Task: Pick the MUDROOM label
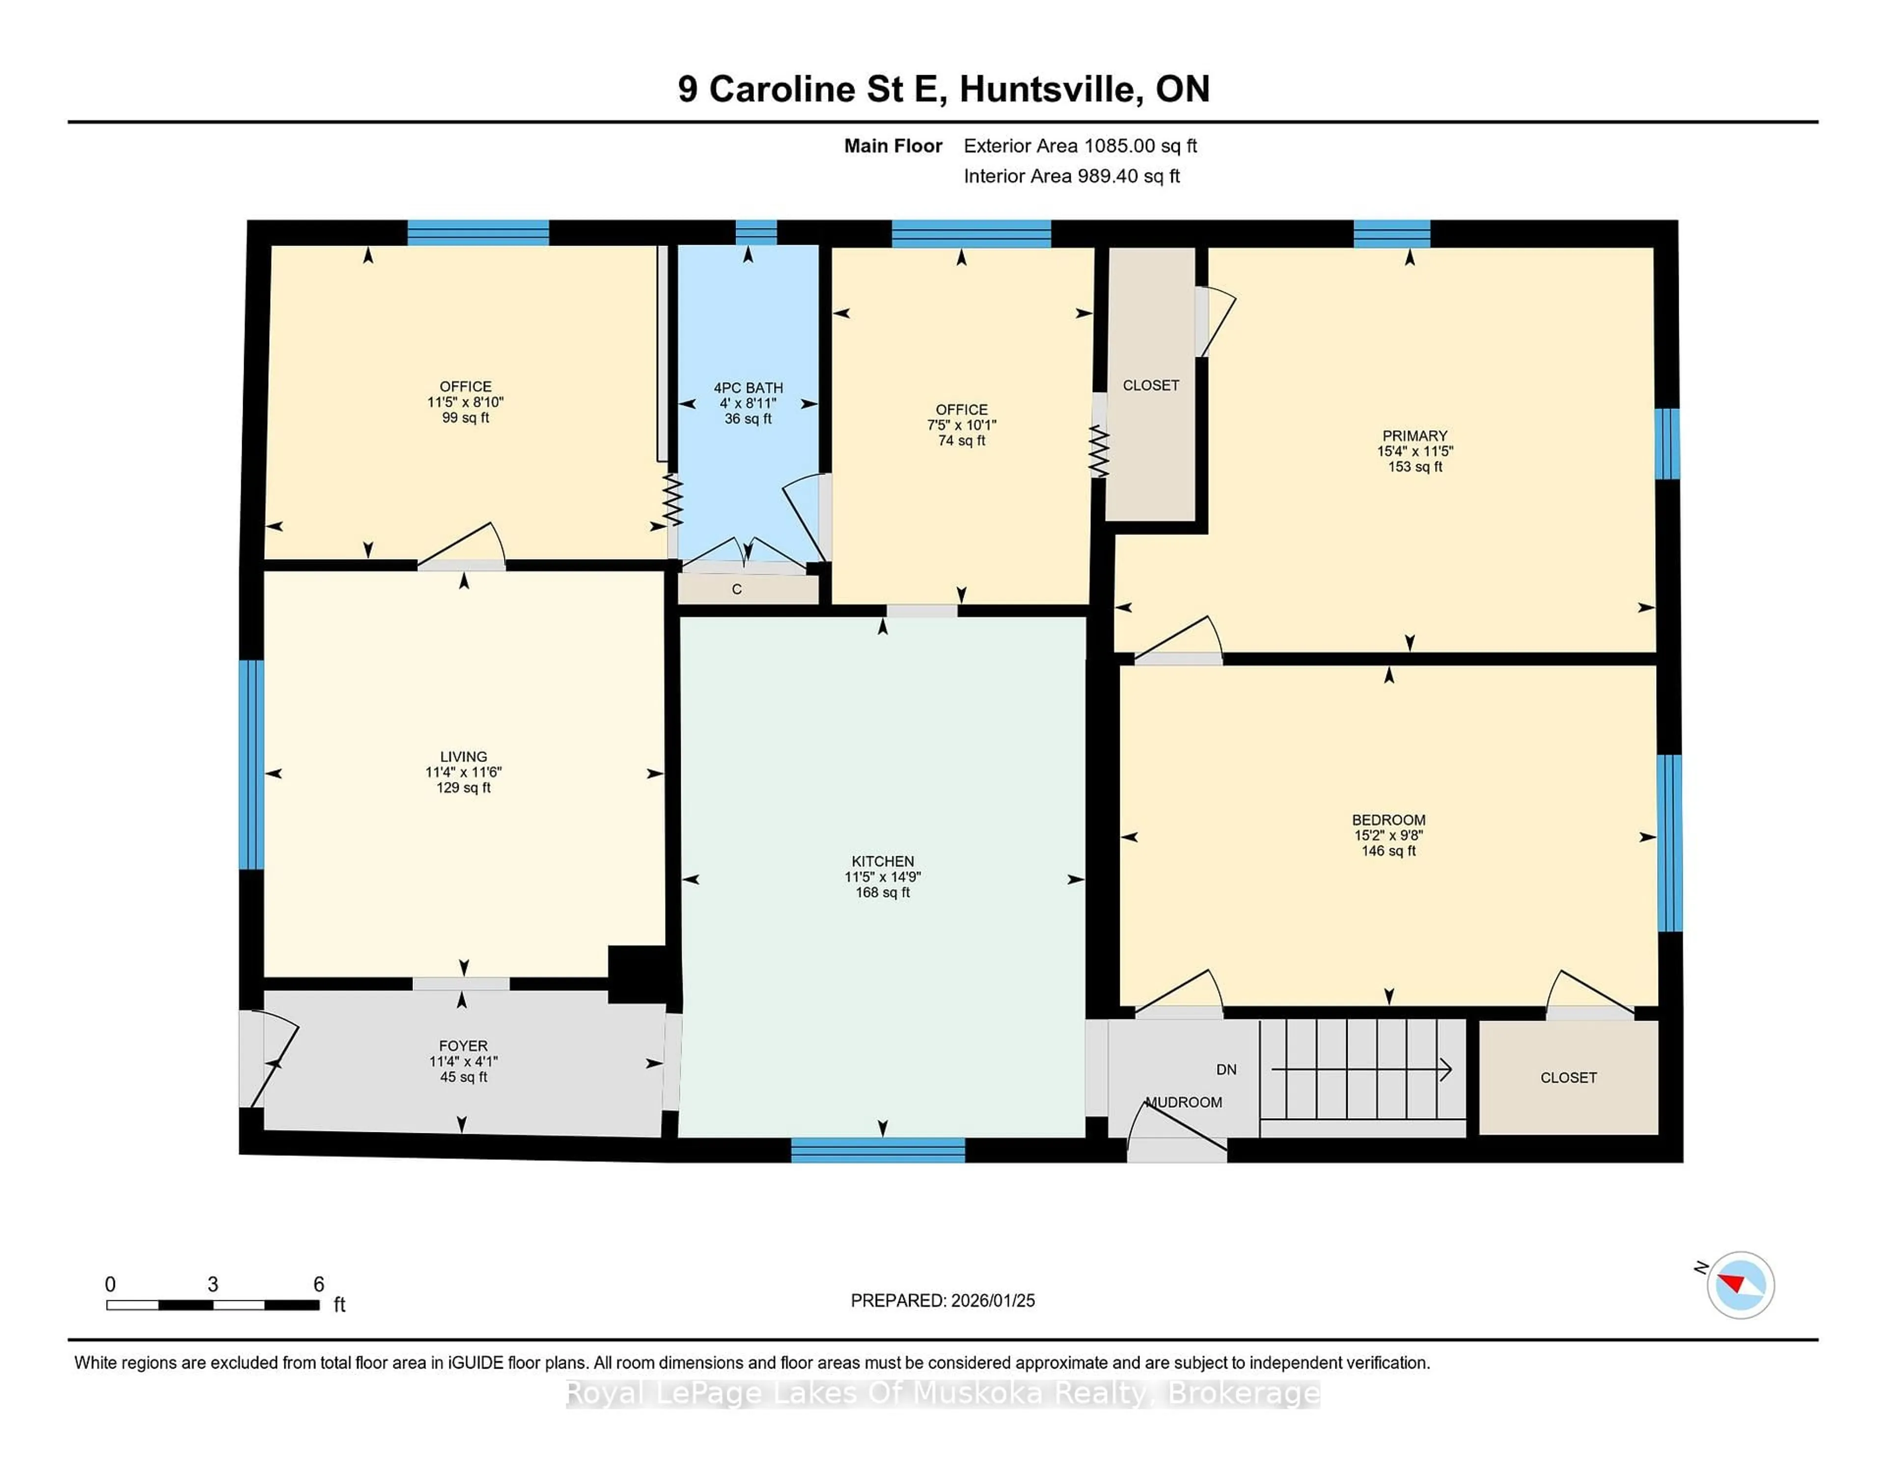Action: click(1184, 1103)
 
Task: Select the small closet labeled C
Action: click(737, 589)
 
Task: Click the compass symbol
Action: click(1740, 1285)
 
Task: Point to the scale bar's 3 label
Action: click(213, 1285)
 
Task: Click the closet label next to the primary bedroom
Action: click(1150, 385)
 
